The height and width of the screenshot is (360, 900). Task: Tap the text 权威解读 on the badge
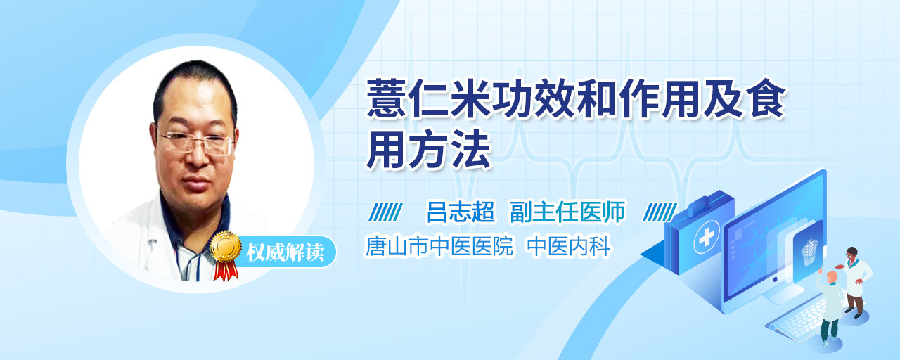[x=285, y=252]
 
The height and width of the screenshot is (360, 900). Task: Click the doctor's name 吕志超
[x=461, y=212]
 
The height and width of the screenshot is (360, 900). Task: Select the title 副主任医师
[x=567, y=212]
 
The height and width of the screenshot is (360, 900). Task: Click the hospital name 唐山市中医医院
[x=439, y=246]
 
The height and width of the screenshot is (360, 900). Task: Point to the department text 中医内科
[x=569, y=246]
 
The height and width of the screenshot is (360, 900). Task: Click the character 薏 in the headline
[x=386, y=99]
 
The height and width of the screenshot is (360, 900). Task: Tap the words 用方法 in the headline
[x=428, y=150]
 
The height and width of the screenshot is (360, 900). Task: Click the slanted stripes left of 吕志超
[x=386, y=212]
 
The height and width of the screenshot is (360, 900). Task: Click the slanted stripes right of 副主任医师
[x=660, y=212]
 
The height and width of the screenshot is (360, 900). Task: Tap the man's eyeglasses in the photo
[x=195, y=142]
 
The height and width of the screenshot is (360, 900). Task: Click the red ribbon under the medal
[x=226, y=271]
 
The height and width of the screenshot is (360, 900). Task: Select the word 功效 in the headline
[x=535, y=99]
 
